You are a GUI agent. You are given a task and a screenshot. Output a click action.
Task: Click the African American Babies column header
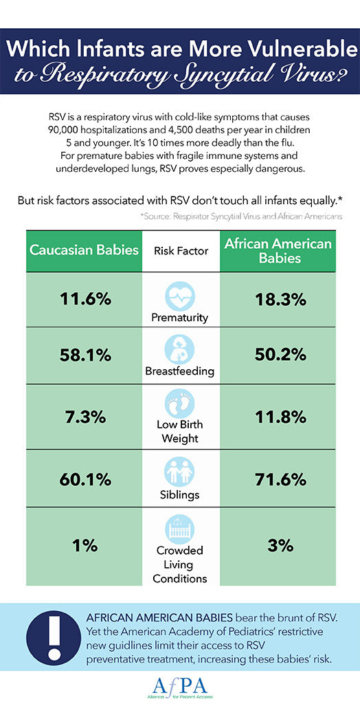(x=277, y=250)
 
